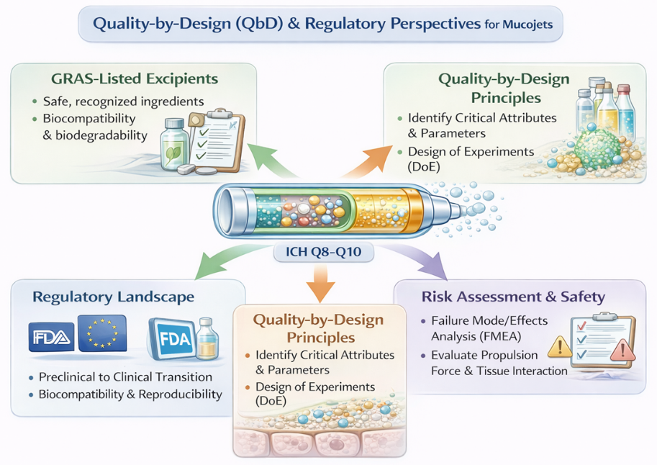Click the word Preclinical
(x=71, y=376)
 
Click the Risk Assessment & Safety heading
(x=513, y=297)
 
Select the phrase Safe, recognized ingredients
(x=123, y=101)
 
